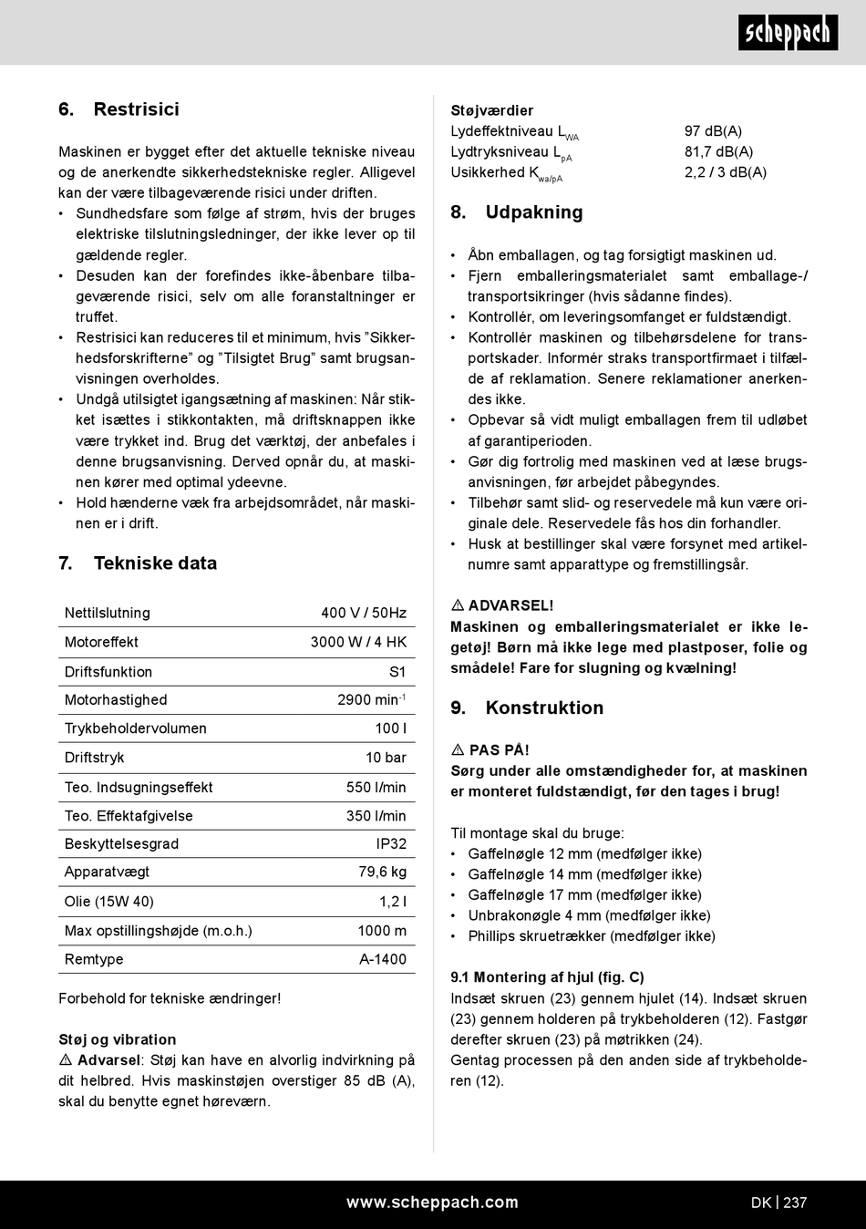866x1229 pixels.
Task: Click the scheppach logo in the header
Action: (788, 34)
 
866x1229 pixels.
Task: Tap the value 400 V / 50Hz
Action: (364, 614)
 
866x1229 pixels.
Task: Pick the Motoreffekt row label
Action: (101, 642)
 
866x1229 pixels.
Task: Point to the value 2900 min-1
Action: (371, 700)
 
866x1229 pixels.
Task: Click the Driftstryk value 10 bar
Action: (386, 758)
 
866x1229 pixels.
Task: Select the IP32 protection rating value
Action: (391, 843)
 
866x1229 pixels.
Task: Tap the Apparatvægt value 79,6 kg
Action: (382, 872)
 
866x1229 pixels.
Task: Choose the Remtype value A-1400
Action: (383, 959)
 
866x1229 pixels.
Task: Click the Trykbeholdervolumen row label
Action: (135, 728)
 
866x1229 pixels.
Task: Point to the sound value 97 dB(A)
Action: (713, 131)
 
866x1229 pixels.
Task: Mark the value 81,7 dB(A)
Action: (718, 152)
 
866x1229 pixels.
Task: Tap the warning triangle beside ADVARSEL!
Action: (458, 605)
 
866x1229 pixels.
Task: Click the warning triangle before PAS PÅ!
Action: (458, 750)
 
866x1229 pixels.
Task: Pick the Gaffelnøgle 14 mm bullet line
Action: (584, 874)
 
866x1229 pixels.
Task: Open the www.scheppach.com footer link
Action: (432, 1203)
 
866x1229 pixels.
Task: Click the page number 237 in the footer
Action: (795, 1203)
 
